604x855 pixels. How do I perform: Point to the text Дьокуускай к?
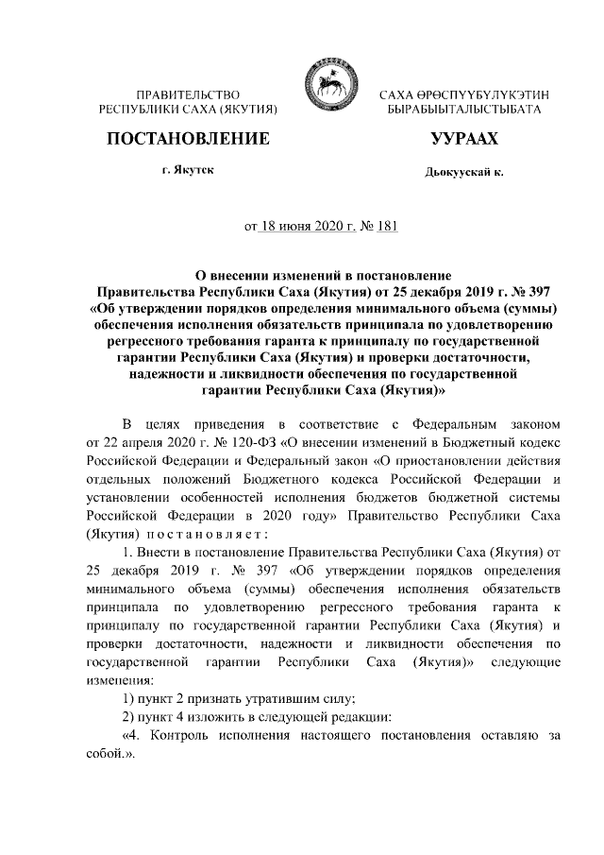pyautogui.click(x=464, y=174)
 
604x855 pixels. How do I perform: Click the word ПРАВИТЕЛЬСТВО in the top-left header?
pyautogui.click(x=187, y=96)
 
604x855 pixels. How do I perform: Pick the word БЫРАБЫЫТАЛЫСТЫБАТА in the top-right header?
pyautogui.click(x=464, y=111)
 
